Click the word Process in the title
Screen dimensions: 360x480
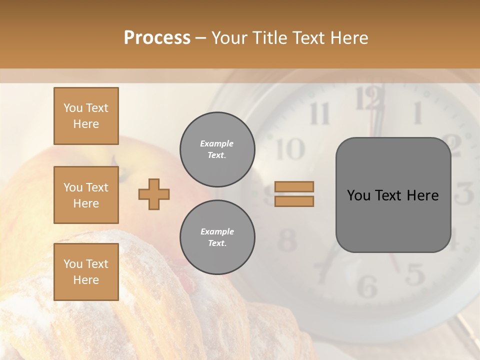coord(157,38)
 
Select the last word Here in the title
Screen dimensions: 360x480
coord(349,38)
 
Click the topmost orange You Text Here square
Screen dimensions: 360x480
coord(86,116)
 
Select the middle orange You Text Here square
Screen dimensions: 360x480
coord(86,195)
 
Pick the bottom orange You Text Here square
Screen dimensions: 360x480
coord(86,272)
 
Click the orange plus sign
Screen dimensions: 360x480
coord(154,194)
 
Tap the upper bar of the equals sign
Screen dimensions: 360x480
coord(294,187)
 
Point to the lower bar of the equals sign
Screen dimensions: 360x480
coord(294,201)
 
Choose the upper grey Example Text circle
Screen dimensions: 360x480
coord(217,149)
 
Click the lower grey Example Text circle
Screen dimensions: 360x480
coord(217,237)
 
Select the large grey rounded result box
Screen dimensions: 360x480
coord(393,195)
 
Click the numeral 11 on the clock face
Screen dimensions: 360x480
coord(319,113)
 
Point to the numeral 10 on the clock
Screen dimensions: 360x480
coord(289,148)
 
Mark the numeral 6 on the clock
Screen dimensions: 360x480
coord(368,286)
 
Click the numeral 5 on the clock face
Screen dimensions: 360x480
coord(414,274)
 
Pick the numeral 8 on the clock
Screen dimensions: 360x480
coord(287,240)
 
